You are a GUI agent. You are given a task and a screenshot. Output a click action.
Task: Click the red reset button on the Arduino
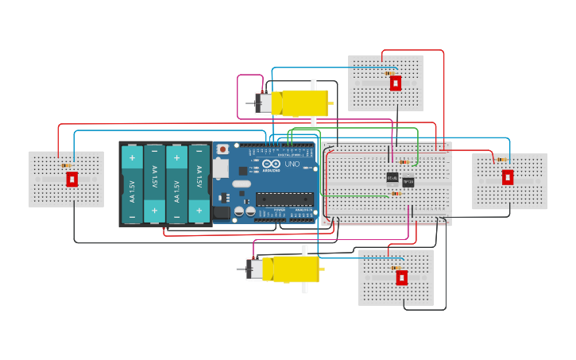(x=223, y=149)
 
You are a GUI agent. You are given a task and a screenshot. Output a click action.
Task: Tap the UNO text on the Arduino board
(x=292, y=165)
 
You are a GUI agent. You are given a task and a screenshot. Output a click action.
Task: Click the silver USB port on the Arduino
(x=220, y=168)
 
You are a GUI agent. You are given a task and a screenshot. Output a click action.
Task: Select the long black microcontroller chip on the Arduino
(x=284, y=199)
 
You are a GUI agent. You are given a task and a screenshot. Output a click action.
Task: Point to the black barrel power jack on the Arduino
(x=221, y=212)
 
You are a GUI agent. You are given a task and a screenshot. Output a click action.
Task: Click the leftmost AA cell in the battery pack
(x=132, y=184)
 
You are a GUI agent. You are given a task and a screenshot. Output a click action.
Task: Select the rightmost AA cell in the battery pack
(x=199, y=184)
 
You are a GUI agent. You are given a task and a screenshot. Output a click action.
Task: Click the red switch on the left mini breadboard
(x=72, y=179)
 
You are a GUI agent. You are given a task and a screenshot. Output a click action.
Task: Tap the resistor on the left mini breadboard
(x=66, y=165)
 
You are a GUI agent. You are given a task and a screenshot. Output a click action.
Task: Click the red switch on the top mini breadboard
(x=395, y=83)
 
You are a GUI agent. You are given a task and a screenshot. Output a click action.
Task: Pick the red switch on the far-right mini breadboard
(x=507, y=177)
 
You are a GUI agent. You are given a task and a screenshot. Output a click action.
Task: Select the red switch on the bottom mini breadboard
(x=401, y=277)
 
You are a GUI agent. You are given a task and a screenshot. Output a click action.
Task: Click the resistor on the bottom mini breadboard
(x=396, y=268)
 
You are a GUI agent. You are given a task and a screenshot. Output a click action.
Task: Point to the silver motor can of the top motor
(x=263, y=103)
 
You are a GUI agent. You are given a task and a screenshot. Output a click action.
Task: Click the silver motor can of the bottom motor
(x=254, y=269)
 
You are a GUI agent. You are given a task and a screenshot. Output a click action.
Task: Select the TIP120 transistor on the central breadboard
(x=408, y=182)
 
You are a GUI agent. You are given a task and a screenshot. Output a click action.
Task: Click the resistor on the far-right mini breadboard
(x=501, y=160)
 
